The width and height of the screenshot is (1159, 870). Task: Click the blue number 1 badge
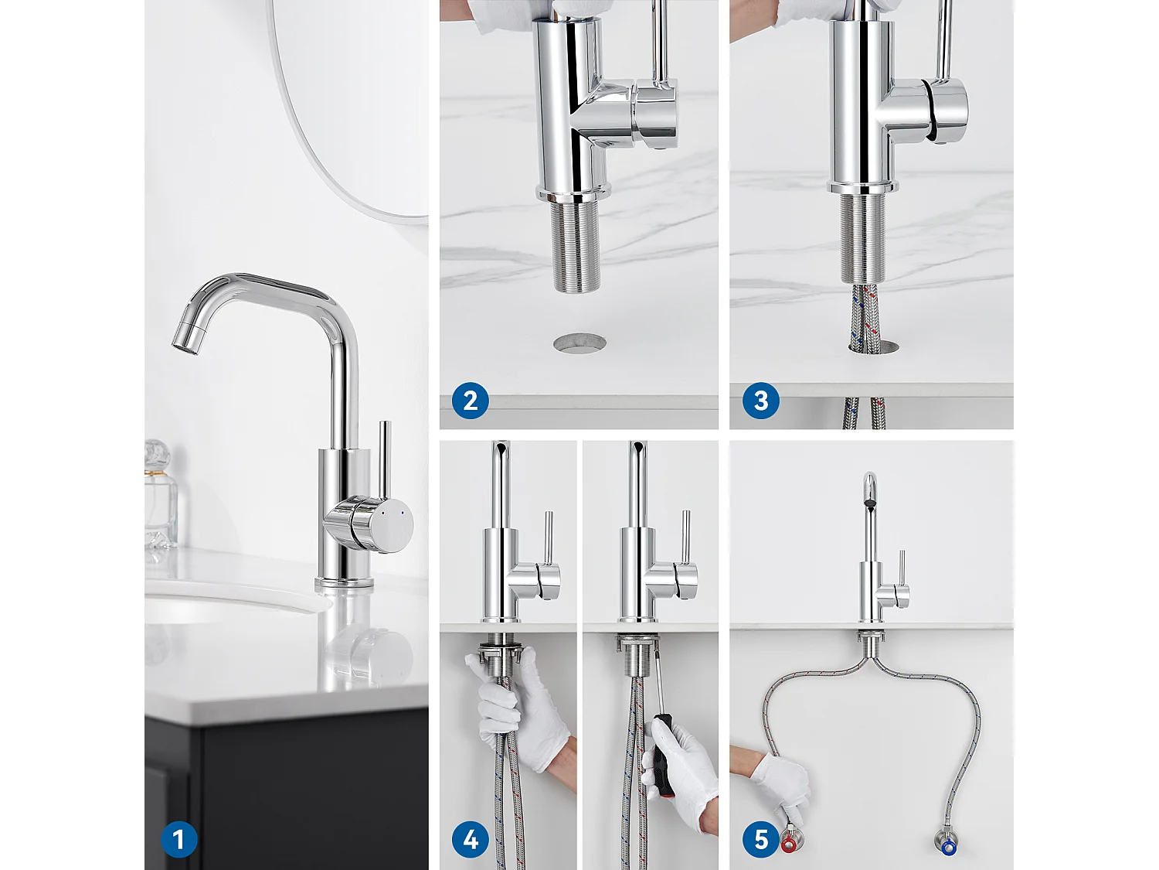[x=178, y=839]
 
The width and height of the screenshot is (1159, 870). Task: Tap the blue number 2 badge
[x=470, y=401]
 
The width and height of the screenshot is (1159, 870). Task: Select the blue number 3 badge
[x=760, y=401]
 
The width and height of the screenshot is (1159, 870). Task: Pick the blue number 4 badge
[x=470, y=839]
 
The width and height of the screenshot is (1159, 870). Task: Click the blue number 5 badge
[x=760, y=839]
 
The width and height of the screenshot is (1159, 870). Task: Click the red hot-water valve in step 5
[x=789, y=844]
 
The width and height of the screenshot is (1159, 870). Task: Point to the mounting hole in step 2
[x=579, y=343]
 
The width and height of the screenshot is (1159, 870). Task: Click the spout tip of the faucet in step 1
[x=185, y=338]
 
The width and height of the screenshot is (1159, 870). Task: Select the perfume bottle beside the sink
[x=160, y=495]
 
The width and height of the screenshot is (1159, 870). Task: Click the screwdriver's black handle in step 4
[x=662, y=754]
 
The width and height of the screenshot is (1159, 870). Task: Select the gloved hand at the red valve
[x=780, y=781]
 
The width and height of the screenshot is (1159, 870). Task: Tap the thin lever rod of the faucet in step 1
[x=384, y=460]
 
